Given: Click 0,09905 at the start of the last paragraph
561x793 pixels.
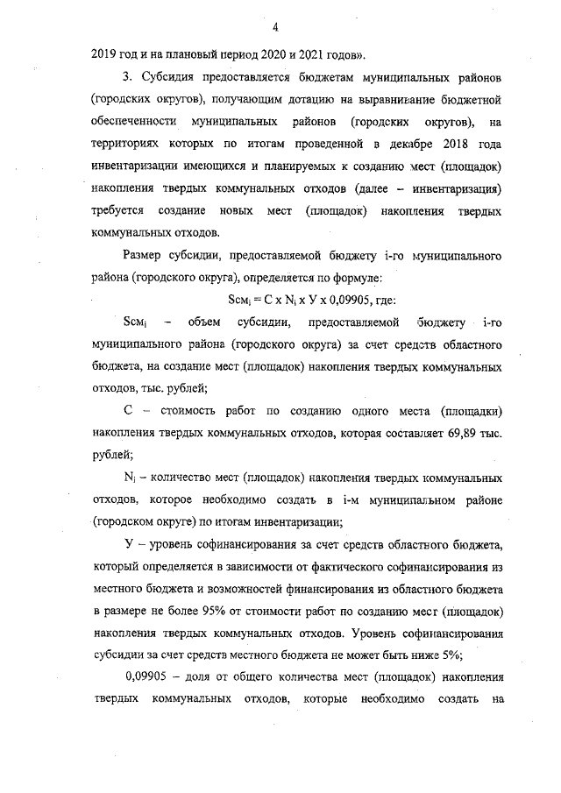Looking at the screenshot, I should point(147,678).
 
